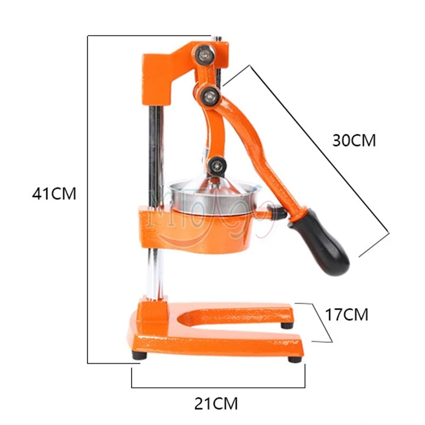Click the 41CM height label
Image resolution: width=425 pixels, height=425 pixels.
pyautogui.click(x=54, y=193)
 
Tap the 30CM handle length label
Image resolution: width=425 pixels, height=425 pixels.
pyautogui.click(x=354, y=140)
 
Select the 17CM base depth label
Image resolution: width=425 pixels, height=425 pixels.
pyautogui.click(x=346, y=314)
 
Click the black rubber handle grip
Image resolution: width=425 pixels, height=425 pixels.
pyautogui.click(x=321, y=240)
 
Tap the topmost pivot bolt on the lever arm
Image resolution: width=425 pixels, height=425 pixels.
pyautogui.click(x=205, y=53)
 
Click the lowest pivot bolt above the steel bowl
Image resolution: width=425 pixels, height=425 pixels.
pyautogui.click(x=215, y=165)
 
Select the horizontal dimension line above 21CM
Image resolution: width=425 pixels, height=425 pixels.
pyautogui.click(x=218, y=387)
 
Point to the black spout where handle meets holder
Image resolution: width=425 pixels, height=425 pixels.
pyautogui.click(x=277, y=214)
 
